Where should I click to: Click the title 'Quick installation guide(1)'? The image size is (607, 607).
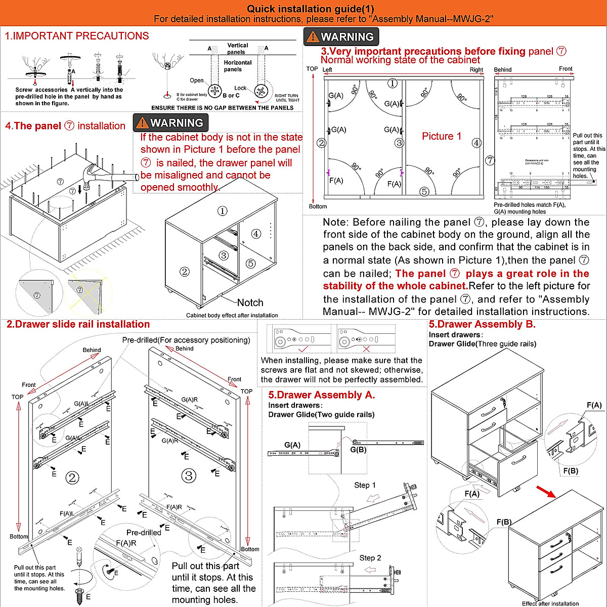[311, 9]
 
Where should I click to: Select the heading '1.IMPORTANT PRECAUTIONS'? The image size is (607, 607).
[77, 36]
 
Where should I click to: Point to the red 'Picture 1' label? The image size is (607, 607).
[442, 136]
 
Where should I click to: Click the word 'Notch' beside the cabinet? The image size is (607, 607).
[250, 302]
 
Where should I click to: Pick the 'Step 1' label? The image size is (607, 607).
[365, 485]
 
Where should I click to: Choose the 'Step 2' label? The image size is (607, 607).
[370, 558]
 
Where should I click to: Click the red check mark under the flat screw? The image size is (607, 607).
[303, 349]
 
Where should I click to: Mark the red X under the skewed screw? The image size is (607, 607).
[366, 349]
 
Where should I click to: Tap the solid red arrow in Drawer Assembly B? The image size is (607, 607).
[545, 491]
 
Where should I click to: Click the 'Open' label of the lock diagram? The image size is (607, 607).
[197, 80]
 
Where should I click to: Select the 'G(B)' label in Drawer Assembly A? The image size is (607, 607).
[358, 449]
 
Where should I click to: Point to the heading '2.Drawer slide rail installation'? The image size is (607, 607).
[78, 324]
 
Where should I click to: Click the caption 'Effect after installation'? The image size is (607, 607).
[550, 603]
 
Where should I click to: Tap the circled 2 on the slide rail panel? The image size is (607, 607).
[72, 478]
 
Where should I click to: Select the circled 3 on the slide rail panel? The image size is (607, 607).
[189, 475]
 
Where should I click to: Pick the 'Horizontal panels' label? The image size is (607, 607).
[237, 66]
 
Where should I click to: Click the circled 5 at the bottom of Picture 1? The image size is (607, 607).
[424, 191]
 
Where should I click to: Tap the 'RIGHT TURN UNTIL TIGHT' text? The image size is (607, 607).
[287, 98]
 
